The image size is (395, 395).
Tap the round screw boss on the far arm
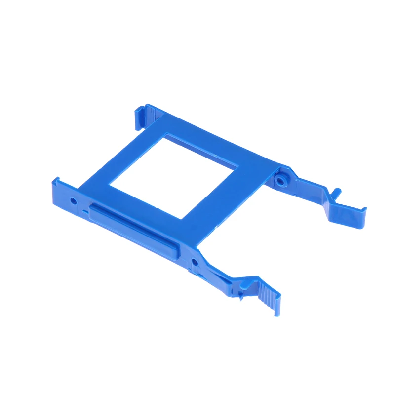point(280,181)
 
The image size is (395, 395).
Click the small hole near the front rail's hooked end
point(74,201)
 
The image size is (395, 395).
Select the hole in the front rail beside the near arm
point(195,261)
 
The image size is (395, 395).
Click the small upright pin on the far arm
point(336,192)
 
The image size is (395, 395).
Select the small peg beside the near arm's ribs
point(240,297)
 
